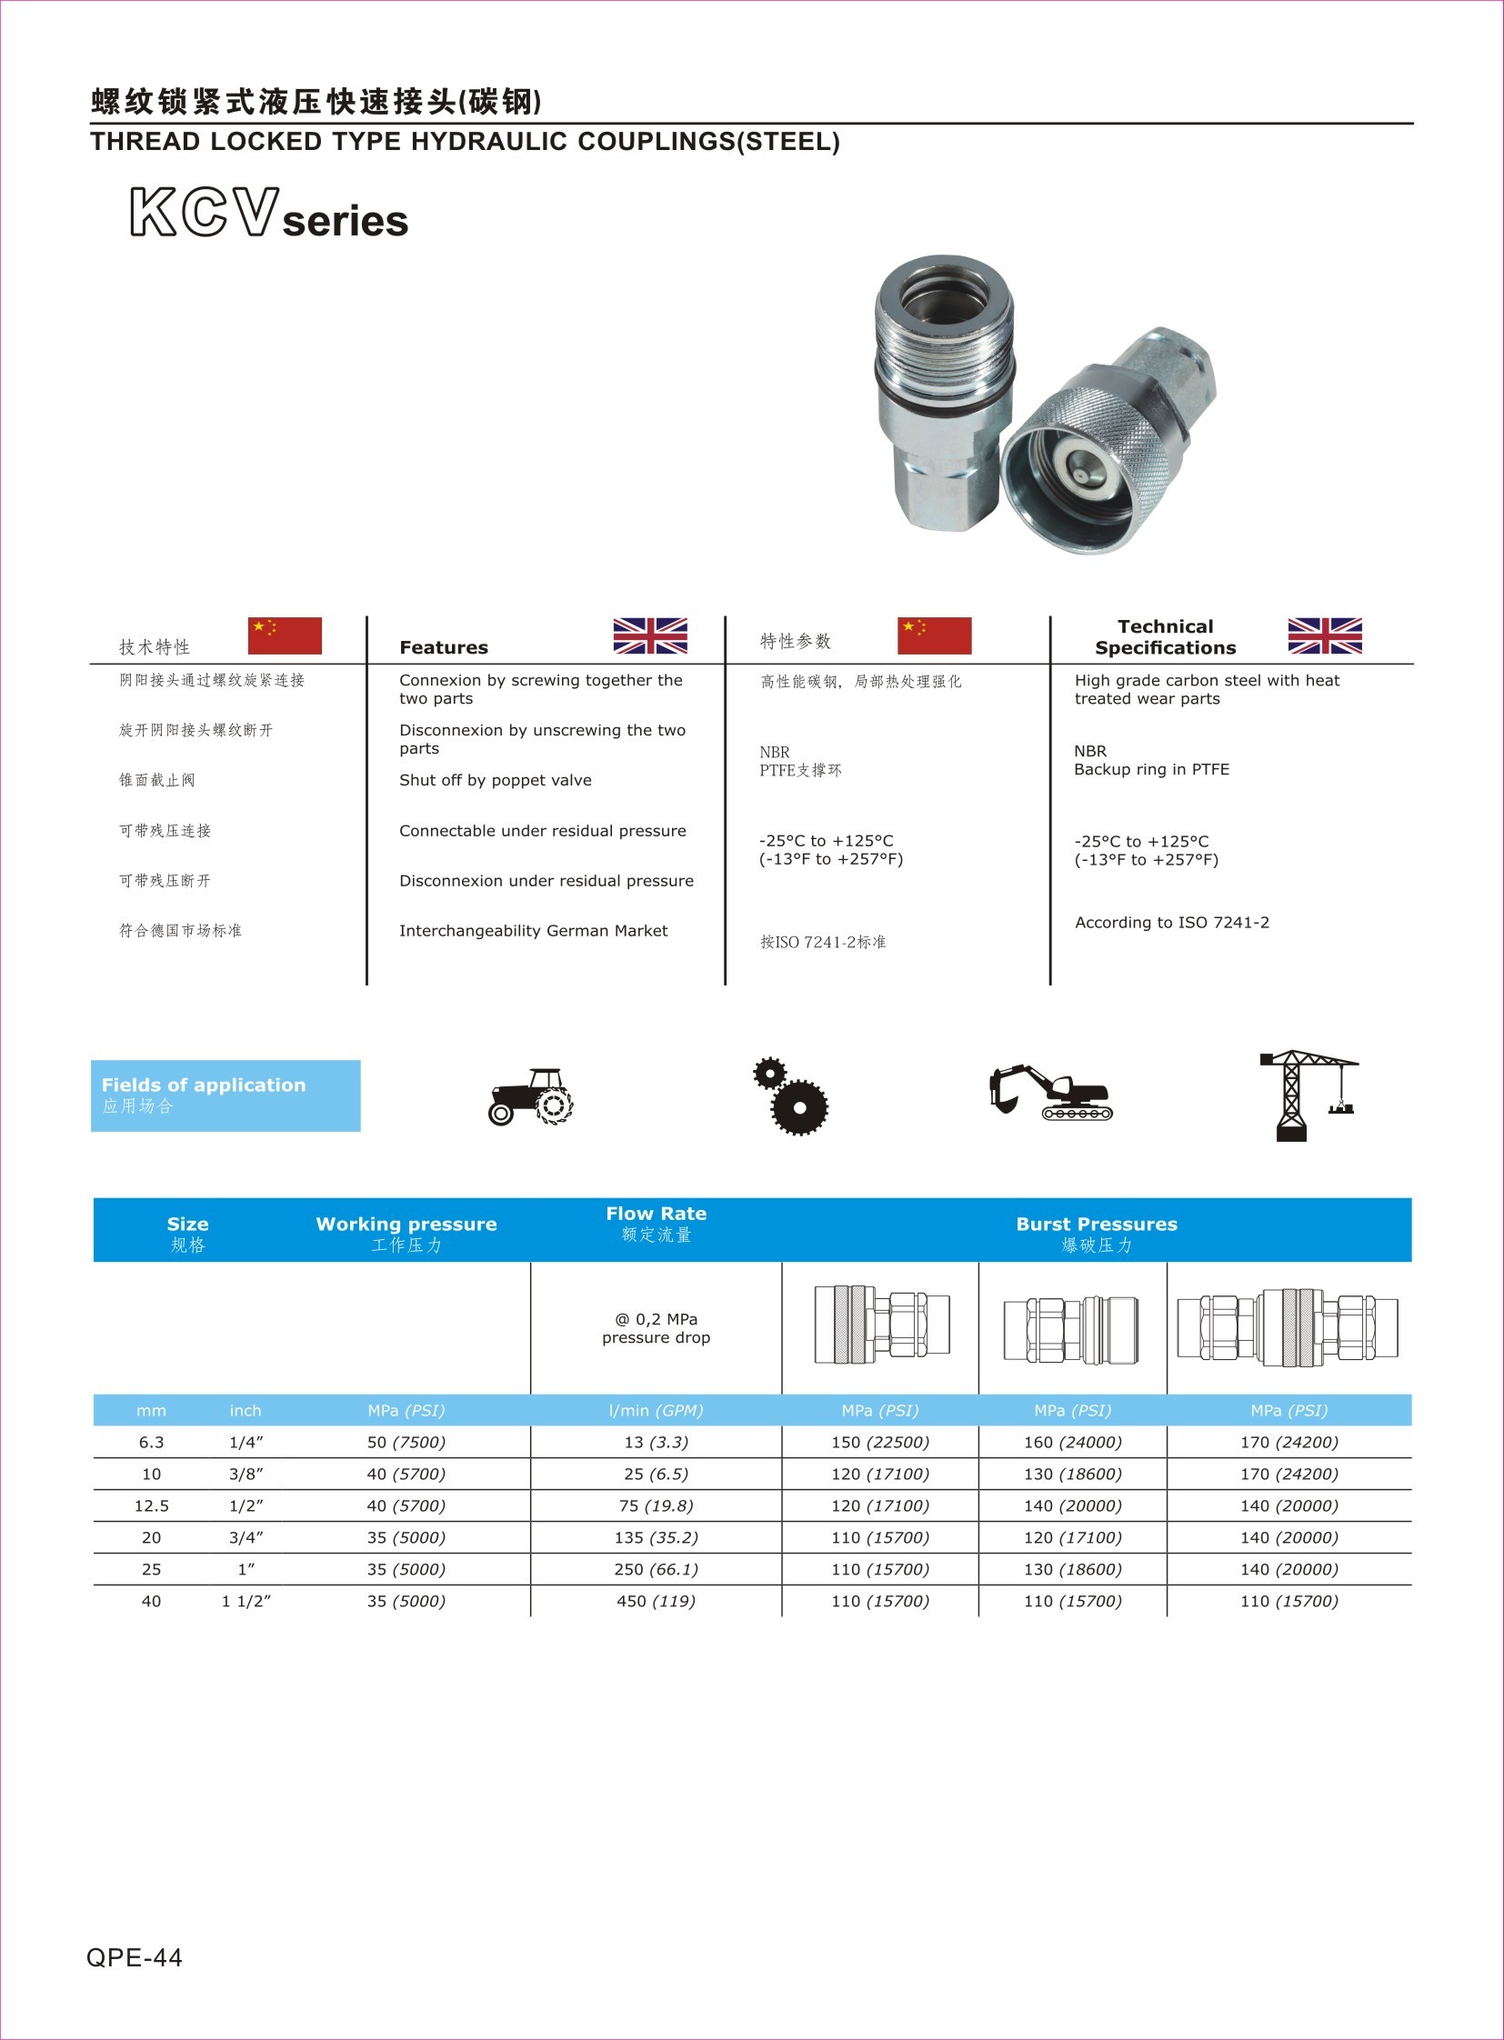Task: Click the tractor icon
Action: coord(531,1097)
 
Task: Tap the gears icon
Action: coord(790,1096)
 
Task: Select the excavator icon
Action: coord(1049,1092)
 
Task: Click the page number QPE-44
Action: coord(134,1957)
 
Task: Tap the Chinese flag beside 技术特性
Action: coord(284,635)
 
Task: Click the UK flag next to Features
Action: coord(650,635)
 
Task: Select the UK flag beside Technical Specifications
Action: coord(1325,635)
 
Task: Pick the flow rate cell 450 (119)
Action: coord(656,1601)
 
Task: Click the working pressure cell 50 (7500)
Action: coord(406,1442)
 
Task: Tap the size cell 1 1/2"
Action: coord(246,1601)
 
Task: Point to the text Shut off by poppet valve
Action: coord(496,780)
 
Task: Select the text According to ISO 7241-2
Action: coord(1172,922)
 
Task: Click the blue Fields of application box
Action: coord(226,1095)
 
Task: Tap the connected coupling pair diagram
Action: coord(1288,1327)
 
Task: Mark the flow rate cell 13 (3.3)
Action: coord(656,1442)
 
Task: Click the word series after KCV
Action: coord(345,221)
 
